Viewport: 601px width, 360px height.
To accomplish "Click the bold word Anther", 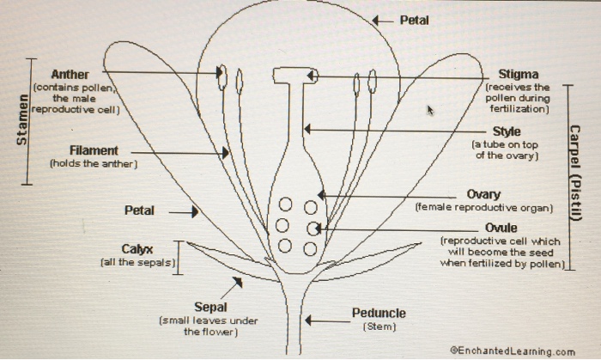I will (x=70, y=75).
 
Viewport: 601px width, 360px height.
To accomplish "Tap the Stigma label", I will (x=519, y=75).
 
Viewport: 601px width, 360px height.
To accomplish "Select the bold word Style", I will (x=507, y=131).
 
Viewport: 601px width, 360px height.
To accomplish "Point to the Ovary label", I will (x=483, y=195).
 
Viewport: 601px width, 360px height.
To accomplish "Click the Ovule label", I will (x=501, y=228).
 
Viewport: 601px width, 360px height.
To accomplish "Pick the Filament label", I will (x=94, y=150).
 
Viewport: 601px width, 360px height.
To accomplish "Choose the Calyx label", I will (x=137, y=249).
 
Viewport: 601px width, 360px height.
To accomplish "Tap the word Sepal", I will (x=210, y=307).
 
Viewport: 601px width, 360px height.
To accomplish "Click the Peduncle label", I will (x=379, y=314).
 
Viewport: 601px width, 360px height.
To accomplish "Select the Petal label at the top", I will (x=415, y=20).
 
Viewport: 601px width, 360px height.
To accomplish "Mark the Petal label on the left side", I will (x=139, y=211).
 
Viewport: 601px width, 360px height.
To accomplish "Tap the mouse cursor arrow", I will (x=431, y=110).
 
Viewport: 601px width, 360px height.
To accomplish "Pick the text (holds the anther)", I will (x=93, y=163).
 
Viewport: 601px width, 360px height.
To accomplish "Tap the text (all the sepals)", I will (x=137, y=261).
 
